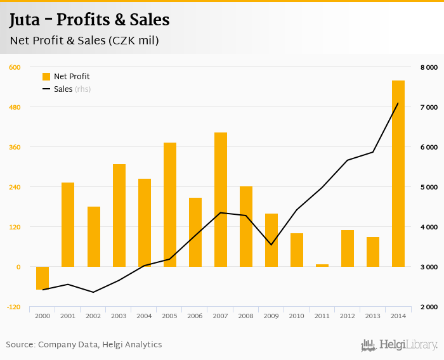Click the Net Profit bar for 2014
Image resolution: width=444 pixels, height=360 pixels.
[x=398, y=174]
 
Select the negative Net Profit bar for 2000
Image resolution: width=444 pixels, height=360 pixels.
[x=42, y=278]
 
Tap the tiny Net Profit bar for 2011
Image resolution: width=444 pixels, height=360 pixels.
[x=322, y=265]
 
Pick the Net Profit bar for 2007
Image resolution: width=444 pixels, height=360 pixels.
[x=220, y=200]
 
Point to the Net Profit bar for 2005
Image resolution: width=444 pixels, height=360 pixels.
[x=169, y=205]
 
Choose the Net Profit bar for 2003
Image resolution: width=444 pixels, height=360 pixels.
[x=119, y=215]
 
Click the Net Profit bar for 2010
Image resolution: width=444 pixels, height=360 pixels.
[x=296, y=250]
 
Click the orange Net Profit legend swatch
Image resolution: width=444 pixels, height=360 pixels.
[x=46, y=77]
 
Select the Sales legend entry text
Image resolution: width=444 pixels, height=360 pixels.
[x=63, y=89]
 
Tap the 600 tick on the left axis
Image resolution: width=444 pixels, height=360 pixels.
[x=15, y=67]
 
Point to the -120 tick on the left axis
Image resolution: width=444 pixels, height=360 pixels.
[x=13, y=307]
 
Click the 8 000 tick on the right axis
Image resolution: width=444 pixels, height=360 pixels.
[x=429, y=67]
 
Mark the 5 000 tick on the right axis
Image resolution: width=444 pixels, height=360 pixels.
[x=429, y=187]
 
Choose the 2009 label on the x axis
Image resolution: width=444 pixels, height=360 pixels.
[x=271, y=316]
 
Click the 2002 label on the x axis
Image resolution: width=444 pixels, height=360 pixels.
[x=93, y=316]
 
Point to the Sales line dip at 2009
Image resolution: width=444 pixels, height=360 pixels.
[x=271, y=245]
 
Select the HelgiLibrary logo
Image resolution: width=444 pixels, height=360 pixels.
[x=400, y=345]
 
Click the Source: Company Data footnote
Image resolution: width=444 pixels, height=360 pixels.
[x=84, y=345]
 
